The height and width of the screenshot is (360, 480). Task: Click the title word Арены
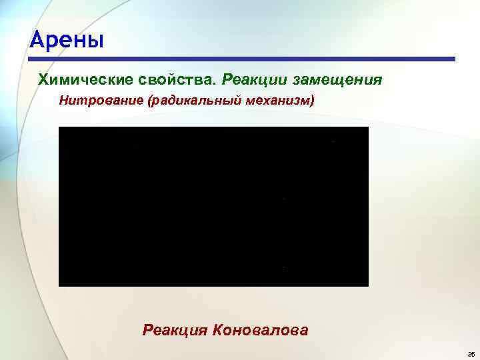pyautogui.click(x=67, y=41)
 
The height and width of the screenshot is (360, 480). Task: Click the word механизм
pyautogui.click(x=277, y=101)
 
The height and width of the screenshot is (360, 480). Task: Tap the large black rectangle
pyautogui.click(x=213, y=207)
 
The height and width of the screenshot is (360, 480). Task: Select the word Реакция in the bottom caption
pyautogui.click(x=174, y=329)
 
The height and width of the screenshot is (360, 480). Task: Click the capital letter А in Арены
pyautogui.click(x=37, y=41)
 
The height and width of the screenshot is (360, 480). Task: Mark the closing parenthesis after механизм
pyautogui.click(x=311, y=101)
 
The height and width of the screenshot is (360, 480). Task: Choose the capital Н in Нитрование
pyautogui.click(x=63, y=101)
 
